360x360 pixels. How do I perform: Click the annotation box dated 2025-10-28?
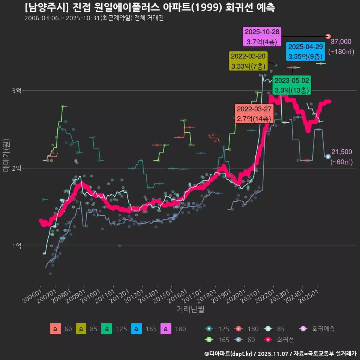click(x=261, y=37)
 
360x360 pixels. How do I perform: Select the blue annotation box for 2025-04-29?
click(x=305, y=52)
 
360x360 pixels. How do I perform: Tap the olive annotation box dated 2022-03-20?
click(x=248, y=61)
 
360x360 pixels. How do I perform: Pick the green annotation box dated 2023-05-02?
click(x=291, y=85)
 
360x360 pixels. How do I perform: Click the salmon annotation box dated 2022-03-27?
click(x=253, y=114)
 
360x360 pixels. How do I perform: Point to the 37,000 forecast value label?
click(x=341, y=42)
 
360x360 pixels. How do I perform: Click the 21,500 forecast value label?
click(x=341, y=152)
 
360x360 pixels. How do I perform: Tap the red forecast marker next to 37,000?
click(x=328, y=36)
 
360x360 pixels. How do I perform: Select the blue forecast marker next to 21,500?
click(x=328, y=156)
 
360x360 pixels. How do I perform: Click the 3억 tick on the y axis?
click(x=16, y=91)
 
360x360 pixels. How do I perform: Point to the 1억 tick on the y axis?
click(x=16, y=246)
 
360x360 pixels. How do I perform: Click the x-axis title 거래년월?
click(x=190, y=309)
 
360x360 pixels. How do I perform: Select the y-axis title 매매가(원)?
click(x=6, y=155)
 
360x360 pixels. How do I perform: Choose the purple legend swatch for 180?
click(x=166, y=329)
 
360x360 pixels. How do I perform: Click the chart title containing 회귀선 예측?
click(x=150, y=7)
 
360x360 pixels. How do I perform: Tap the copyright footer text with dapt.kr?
click(x=280, y=353)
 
